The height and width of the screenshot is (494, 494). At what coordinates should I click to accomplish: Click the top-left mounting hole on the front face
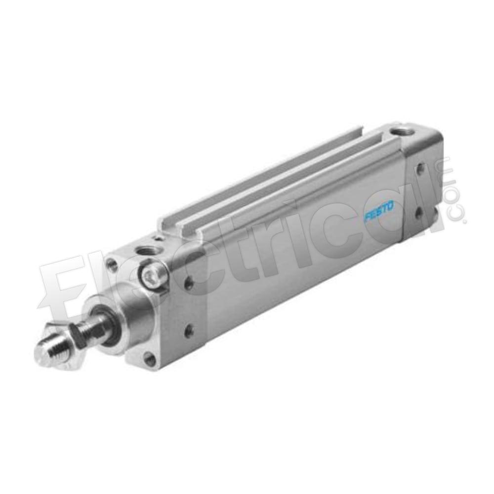click(111, 262)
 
